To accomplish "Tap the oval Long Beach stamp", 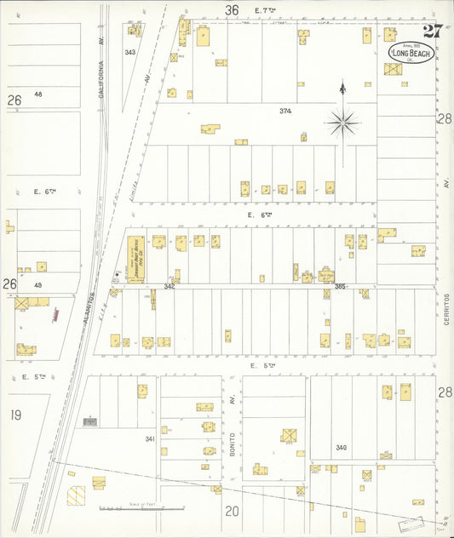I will coord(411,53).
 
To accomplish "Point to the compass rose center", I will coord(342,123).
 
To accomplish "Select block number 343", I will coord(129,53).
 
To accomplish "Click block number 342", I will coord(170,286).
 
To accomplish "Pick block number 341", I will coord(150,439).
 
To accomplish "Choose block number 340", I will coord(342,447).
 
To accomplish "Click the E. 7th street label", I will coord(268,9).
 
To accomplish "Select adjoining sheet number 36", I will coord(232,9).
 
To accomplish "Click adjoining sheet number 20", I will coord(232,511).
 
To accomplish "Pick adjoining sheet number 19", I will coord(15,415).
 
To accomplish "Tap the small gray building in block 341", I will coord(89,421).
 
